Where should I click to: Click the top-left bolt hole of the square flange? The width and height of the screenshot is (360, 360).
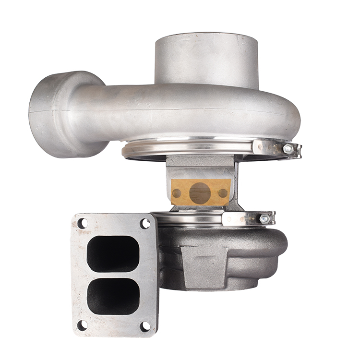pyautogui.click(x=82, y=223)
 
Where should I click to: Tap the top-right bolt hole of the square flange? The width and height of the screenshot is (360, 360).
pyautogui.click(x=145, y=224)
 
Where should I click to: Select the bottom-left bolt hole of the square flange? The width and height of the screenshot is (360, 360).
pyautogui.click(x=82, y=325)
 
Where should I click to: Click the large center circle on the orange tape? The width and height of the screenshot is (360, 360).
pyautogui.click(x=200, y=192)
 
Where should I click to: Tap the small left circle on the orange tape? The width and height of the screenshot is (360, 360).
pyautogui.click(x=177, y=193)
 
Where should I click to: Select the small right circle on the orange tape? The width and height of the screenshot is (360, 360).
pyautogui.click(x=223, y=193)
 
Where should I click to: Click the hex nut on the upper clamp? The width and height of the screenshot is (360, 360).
pyautogui.click(x=288, y=149)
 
